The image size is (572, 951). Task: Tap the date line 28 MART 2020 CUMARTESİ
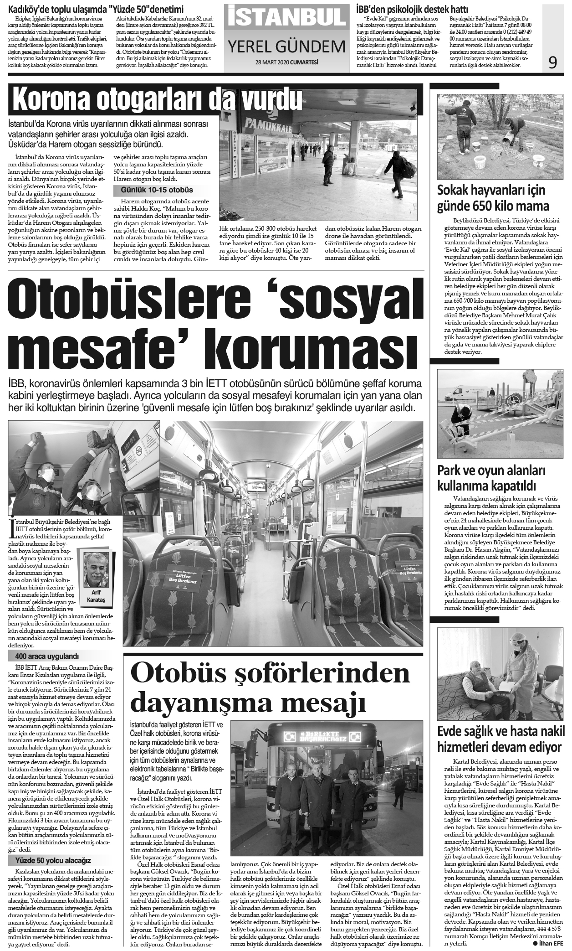pos(287,62)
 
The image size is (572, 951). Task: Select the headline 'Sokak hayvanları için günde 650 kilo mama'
pos(493,198)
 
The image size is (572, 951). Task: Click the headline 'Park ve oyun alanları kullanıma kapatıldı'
pos(491,477)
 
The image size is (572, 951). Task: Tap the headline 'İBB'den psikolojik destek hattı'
pos(412,9)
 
